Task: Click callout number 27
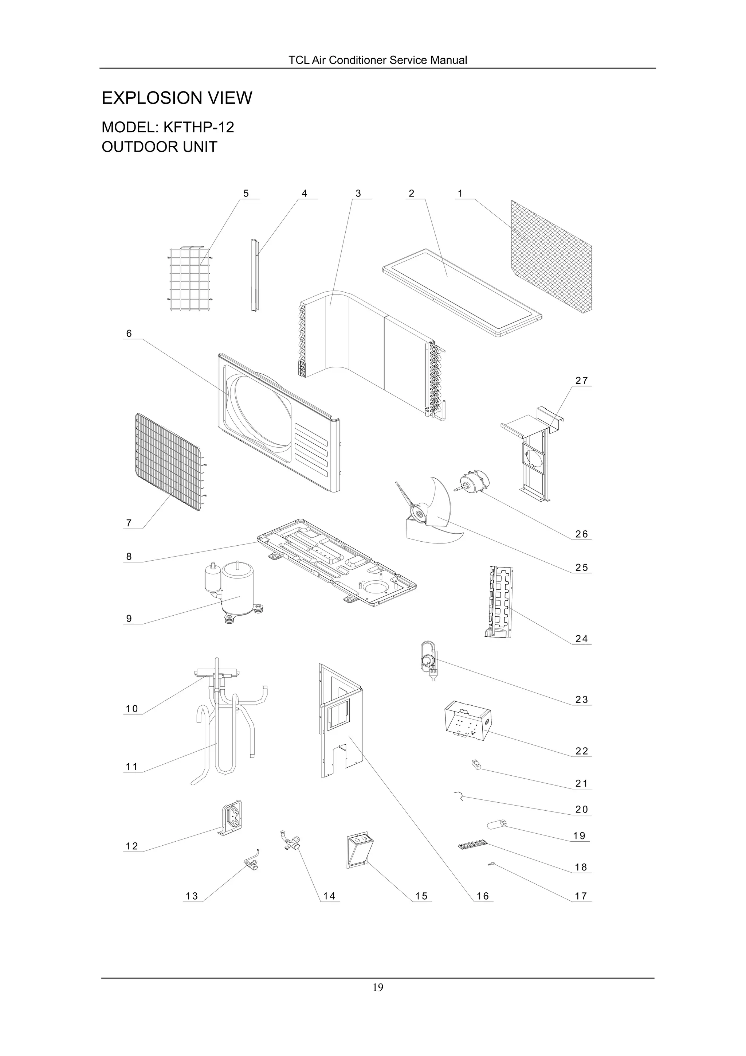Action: [x=581, y=381]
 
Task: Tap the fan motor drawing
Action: [x=474, y=482]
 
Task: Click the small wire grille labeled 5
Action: [x=189, y=280]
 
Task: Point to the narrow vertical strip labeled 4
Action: [x=255, y=274]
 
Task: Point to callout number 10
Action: [x=131, y=709]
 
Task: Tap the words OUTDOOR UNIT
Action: [x=159, y=147]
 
